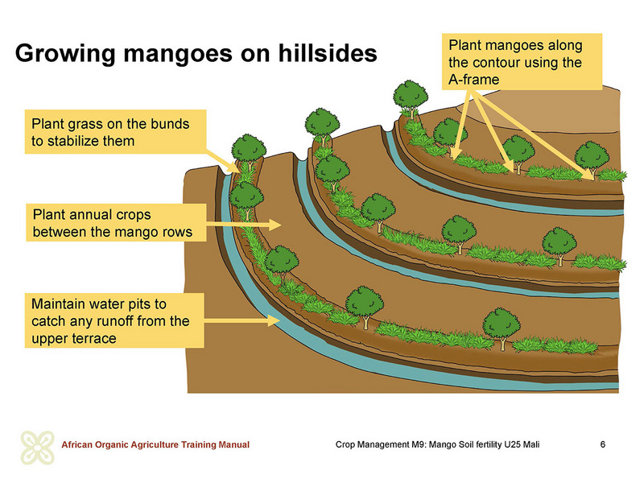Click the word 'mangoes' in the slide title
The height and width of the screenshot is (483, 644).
[177, 55]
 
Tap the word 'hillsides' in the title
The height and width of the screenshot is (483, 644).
[328, 53]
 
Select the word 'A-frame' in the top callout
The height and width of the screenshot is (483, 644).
[473, 79]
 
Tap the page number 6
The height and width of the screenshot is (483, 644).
[602, 444]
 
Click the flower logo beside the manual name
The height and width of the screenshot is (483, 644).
[37, 448]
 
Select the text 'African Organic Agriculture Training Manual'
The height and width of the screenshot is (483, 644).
[155, 444]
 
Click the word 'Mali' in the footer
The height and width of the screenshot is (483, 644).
[531, 444]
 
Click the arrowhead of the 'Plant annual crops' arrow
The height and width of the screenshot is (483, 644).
[275, 225]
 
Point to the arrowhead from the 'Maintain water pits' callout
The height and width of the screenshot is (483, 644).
[273, 320]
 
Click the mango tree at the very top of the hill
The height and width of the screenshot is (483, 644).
[411, 98]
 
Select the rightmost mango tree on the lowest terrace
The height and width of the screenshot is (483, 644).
[502, 328]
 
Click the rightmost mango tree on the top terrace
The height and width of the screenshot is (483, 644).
[592, 159]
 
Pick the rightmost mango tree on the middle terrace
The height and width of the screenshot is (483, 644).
[559, 246]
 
